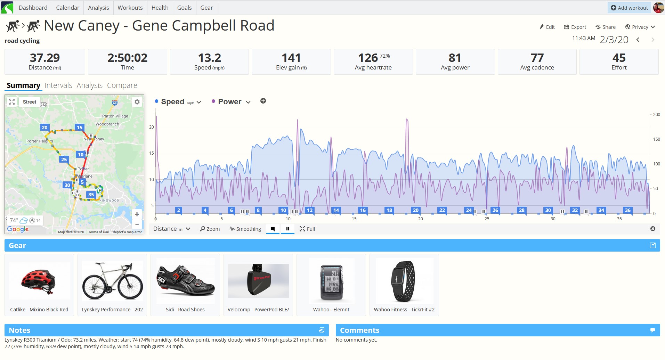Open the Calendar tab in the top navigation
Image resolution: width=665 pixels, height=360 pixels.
click(67, 8)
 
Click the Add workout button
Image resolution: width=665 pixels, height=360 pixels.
click(630, 8)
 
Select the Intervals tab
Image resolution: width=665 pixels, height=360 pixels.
click(58, 85)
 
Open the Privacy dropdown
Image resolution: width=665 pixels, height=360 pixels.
click(640, 27)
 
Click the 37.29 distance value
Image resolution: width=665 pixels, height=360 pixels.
click(45, 58)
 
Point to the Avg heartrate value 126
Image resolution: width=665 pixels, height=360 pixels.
click(368, 58)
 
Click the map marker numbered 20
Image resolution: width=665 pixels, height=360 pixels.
click(44, 128)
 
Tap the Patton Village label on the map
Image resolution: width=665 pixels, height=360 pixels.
click(115, 116)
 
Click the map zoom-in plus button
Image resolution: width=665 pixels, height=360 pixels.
click(137, 214)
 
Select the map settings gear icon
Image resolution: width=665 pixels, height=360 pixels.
click(137, 102)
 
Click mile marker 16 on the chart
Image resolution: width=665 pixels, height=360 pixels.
click(363, 210)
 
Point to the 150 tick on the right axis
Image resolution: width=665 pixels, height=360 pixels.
click(656, 139)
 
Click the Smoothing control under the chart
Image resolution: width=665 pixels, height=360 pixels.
click(245, 229)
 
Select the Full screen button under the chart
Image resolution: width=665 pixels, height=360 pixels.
click(307, 229)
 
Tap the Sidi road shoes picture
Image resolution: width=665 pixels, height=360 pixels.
click(186, 281)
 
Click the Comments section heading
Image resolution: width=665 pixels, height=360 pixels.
click(359, 330)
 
